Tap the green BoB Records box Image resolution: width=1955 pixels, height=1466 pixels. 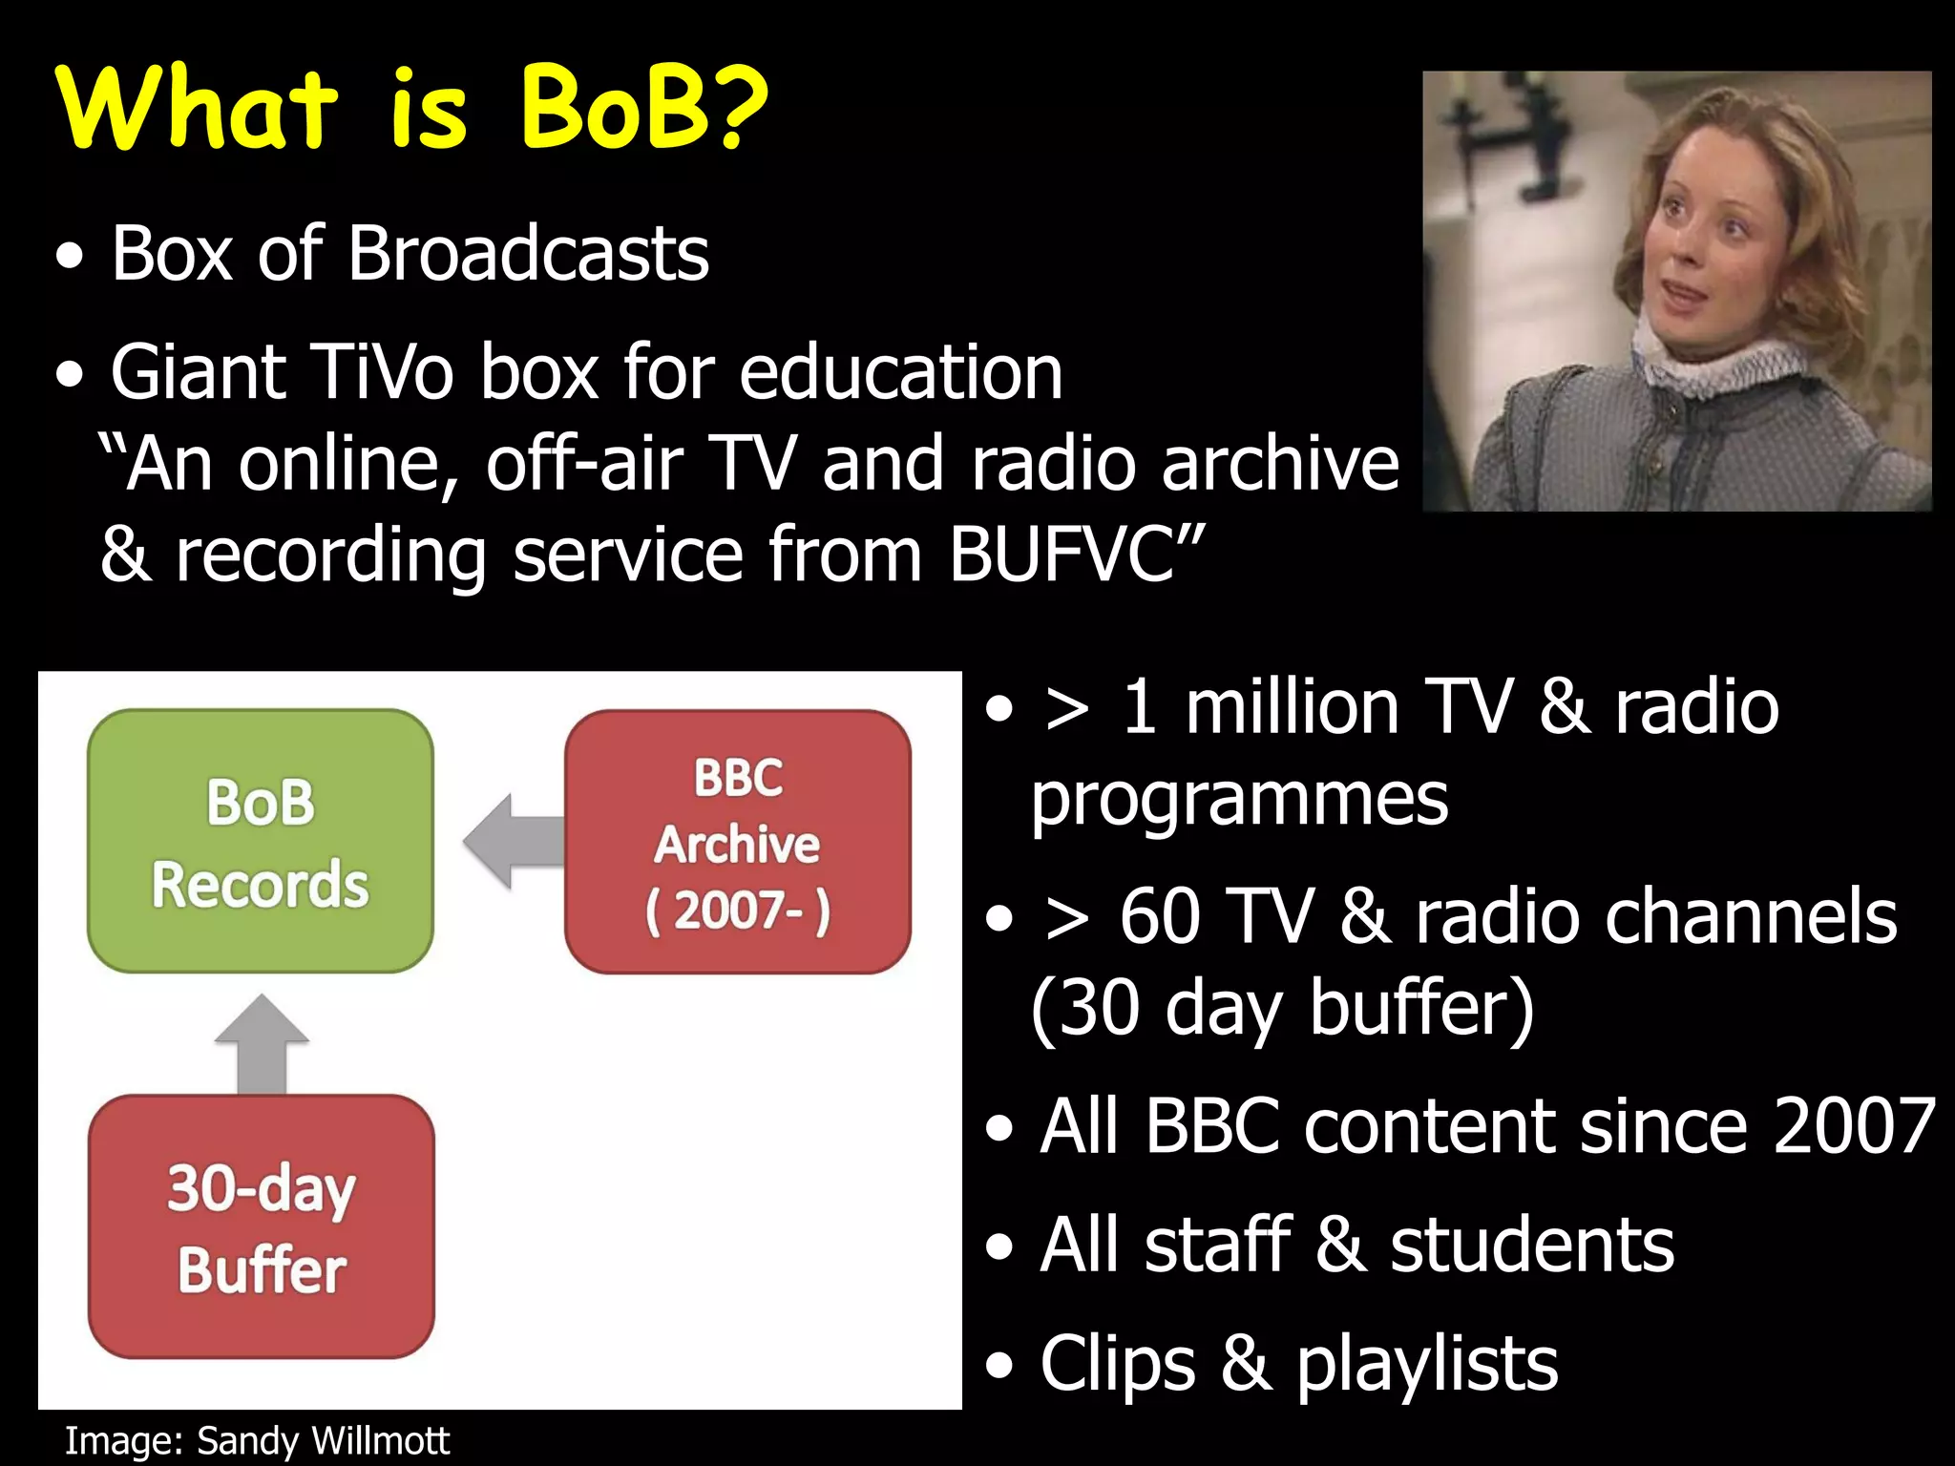[x=260, y=841]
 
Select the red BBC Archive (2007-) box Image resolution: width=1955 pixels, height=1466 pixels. [x=737, y=842]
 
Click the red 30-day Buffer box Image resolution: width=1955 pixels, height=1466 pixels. [x=261, y=1226]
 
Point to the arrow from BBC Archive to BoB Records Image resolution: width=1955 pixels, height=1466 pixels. [x=513, y=841]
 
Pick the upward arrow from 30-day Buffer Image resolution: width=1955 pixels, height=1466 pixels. [x=262, y=1044]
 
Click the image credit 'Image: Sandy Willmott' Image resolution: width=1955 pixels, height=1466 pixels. [x=256, y=1440]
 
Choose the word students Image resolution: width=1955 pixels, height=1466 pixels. [x=1531, y=1246]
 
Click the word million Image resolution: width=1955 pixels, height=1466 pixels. [x=1292, y=707]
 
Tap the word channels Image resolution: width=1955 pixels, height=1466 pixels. [x=1655, y=916]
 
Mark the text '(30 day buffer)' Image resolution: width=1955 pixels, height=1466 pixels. [x=1282, y=1008]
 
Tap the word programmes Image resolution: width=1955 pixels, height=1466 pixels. [x=1239, y=800]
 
